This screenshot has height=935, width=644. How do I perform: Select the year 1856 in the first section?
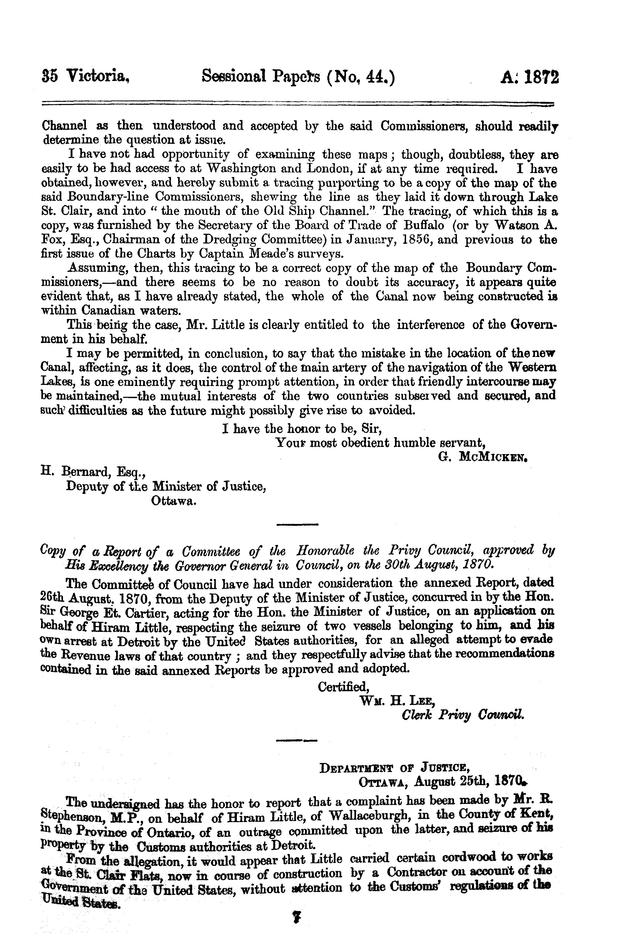pos(416,240)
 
